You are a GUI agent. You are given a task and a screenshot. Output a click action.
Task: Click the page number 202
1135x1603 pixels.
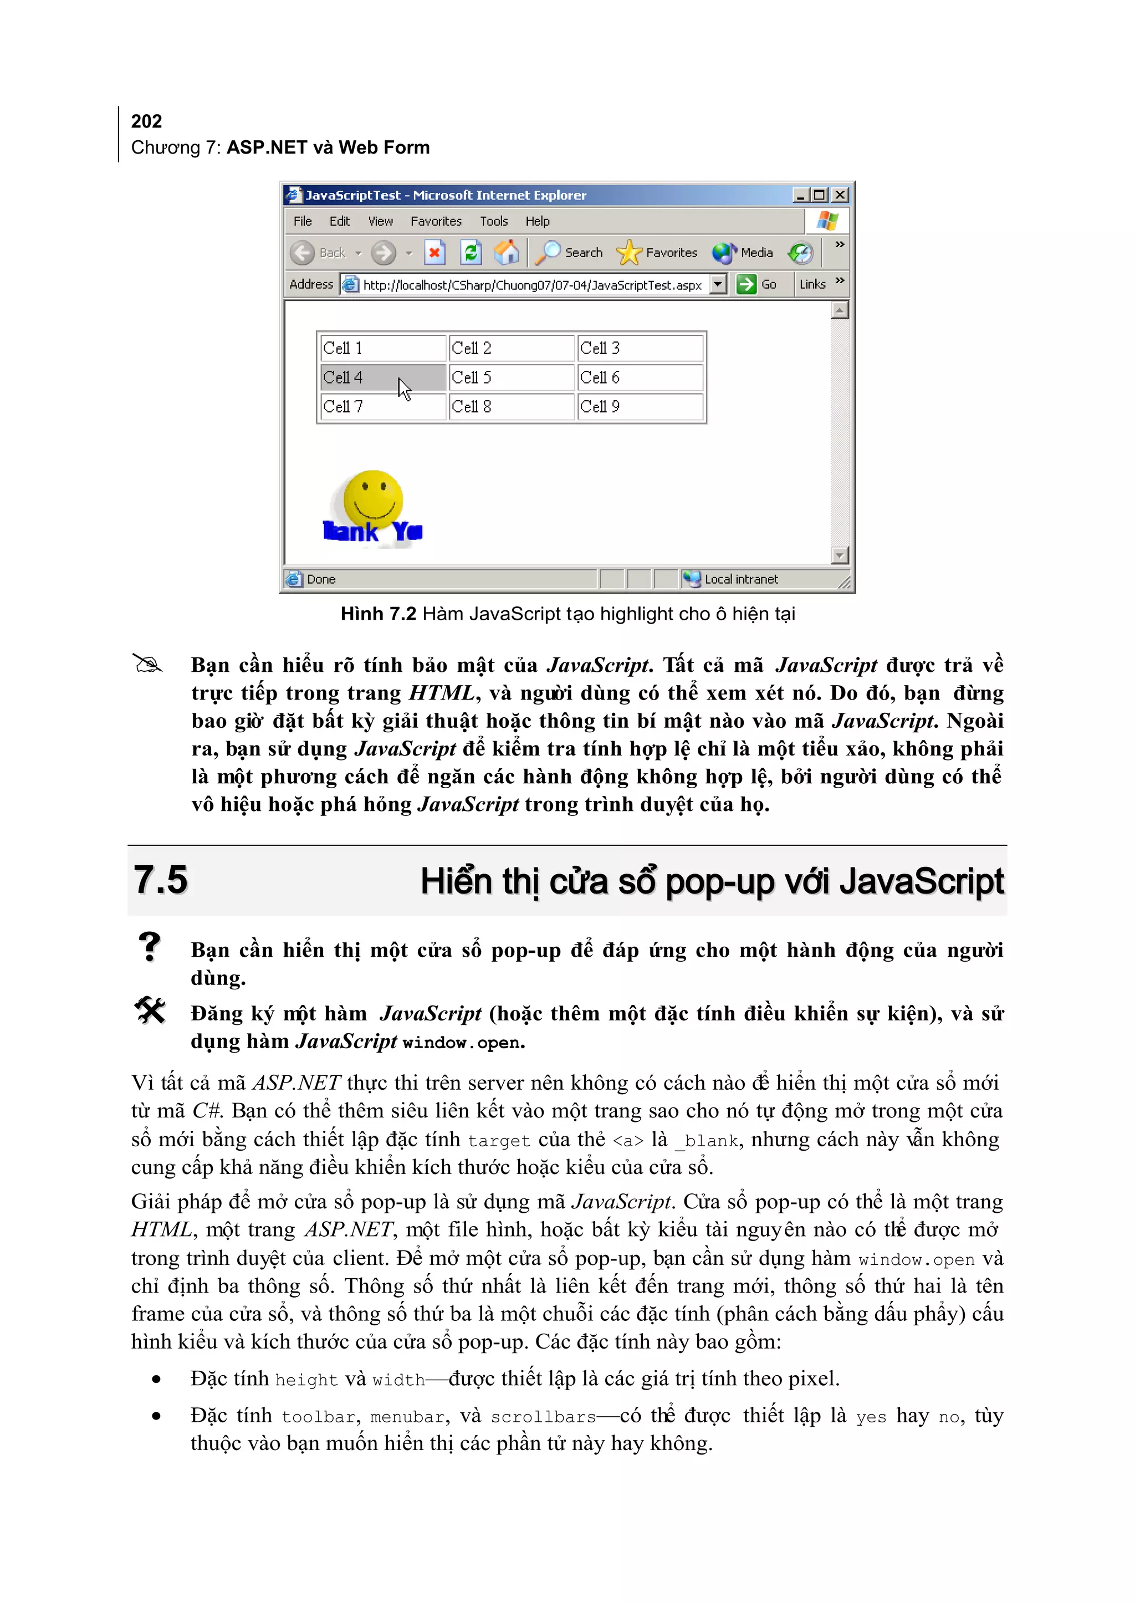(146, 121)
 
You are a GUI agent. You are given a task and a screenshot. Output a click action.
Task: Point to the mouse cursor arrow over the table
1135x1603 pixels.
(403, 388)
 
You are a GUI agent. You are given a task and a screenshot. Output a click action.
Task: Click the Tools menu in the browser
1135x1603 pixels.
(493, 222)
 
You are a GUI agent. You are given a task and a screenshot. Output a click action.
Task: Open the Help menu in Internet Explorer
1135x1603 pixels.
(538, 222)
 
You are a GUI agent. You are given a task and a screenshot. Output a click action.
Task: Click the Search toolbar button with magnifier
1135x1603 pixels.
(570, 252)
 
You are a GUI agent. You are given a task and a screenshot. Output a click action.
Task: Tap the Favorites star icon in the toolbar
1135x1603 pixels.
(628, 252)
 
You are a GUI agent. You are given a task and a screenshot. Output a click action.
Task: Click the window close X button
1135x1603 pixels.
(840, 195)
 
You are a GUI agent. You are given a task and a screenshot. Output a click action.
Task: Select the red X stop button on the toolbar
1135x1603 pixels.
(434, 252)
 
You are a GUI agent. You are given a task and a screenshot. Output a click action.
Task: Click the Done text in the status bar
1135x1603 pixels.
(321, 579)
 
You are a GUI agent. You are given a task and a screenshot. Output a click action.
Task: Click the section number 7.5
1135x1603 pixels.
(161, 880)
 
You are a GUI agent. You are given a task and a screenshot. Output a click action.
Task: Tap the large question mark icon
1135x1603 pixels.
(149, 947)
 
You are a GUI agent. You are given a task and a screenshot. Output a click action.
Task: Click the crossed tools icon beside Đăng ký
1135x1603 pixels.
(150, 1010)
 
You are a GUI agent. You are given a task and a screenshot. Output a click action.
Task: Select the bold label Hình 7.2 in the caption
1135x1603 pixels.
(378, 614)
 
